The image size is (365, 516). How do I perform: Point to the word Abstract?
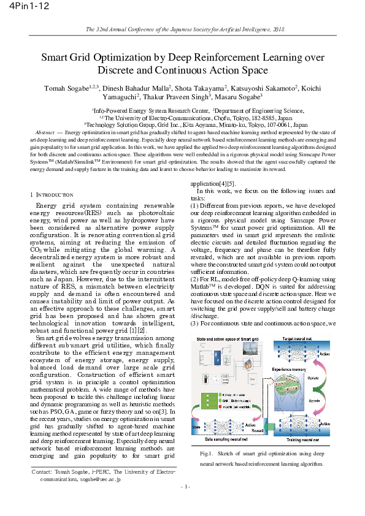coord(45,132)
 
